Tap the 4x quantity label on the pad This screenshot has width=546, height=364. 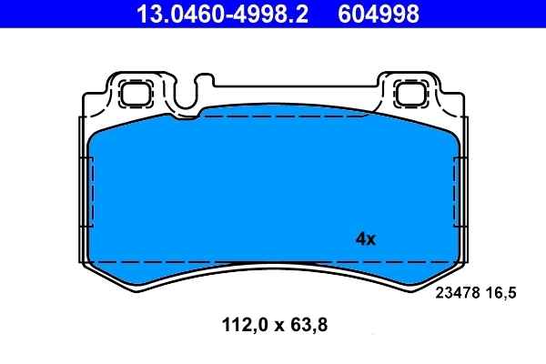(365, 239)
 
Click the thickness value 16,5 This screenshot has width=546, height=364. (505, 292)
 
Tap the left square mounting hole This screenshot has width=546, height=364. (136, 93)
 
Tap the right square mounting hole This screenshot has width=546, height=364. (410, 93)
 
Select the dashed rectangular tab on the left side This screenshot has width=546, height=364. (88, 192)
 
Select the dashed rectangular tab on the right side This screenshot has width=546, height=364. (458, 192)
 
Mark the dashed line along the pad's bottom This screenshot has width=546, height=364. (273, 261)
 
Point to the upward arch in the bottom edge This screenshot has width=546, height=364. (273, 268)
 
